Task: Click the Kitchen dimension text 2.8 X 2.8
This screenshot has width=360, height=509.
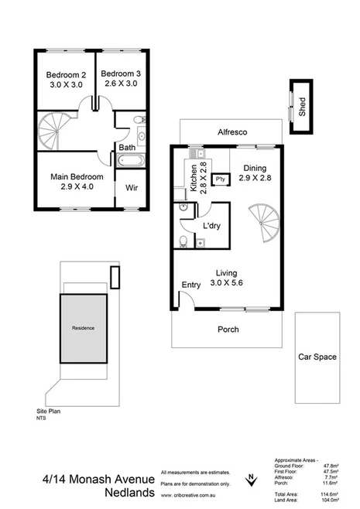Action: [203, 178]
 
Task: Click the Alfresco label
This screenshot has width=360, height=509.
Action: [231, 132]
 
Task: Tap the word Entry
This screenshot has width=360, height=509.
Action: [190, 285]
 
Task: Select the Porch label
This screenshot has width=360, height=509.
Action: [228, 330]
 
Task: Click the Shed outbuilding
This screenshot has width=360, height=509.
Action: [297, 101]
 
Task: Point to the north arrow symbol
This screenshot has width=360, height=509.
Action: [252, 480]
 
